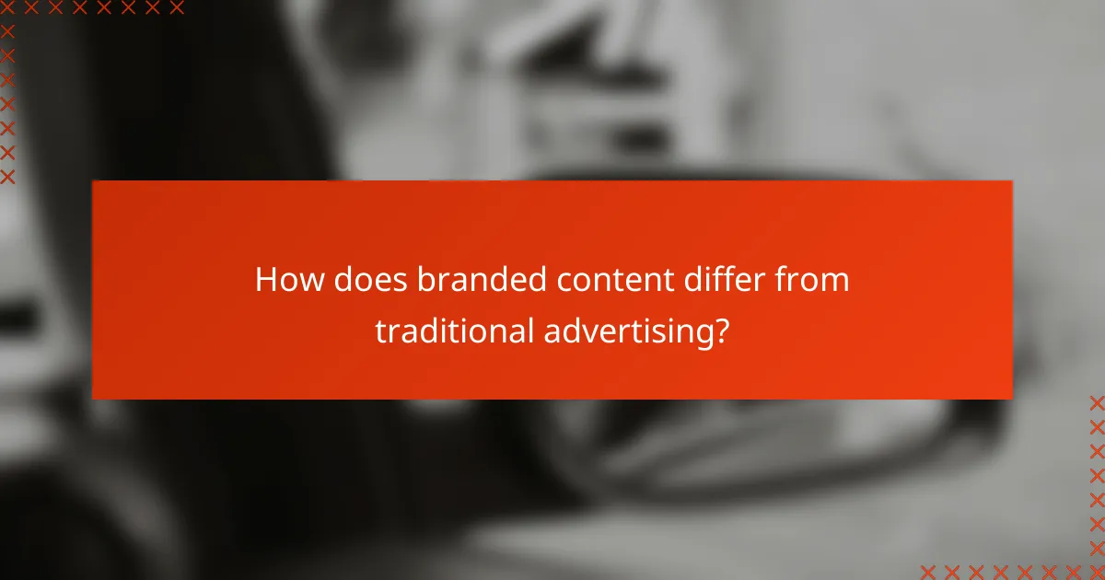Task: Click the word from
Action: [x=814, y=280]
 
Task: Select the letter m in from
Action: [x=835, y=282]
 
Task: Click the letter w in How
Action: [x=300, y=282]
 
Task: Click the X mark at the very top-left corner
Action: [x=7, y=8]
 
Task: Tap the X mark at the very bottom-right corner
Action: [x=1097, y=571]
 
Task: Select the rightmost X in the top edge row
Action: [x=177, y=8]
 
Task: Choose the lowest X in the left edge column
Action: [x=7, y=176]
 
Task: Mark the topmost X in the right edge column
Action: [x=1097, y=402]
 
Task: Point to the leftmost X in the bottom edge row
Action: [x=928, y=571]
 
